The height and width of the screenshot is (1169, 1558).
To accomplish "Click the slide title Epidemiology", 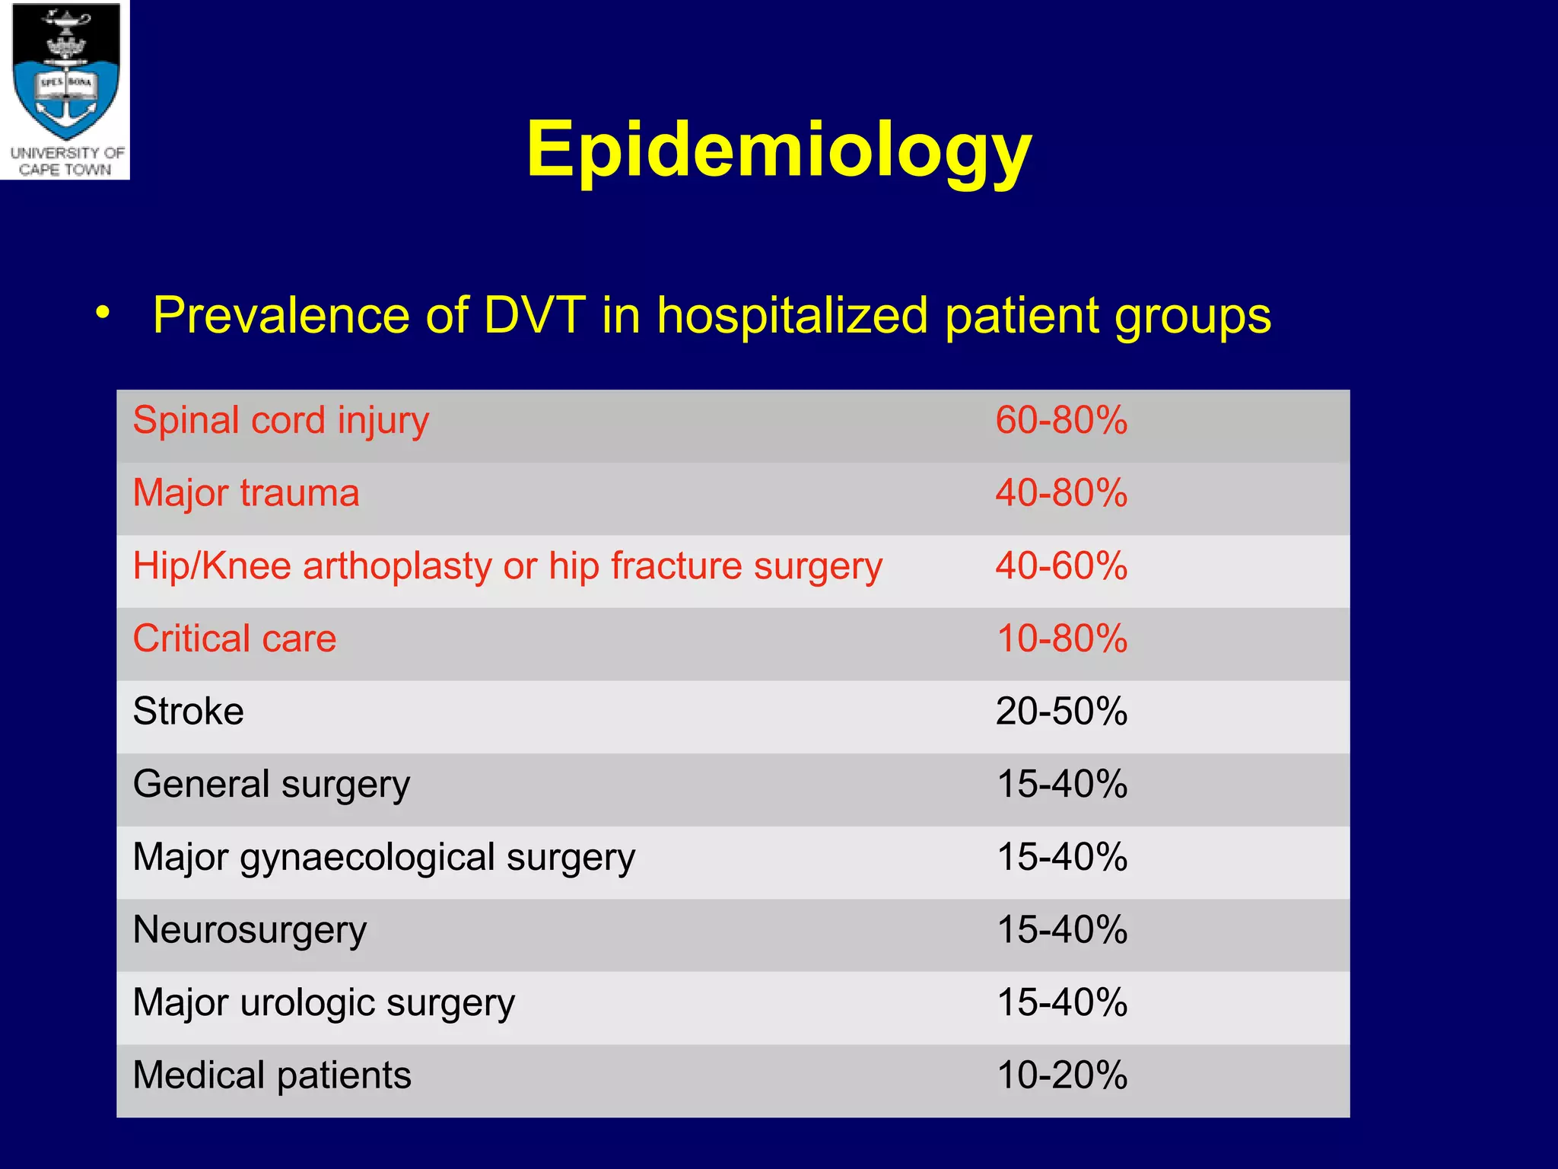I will pyautogui.click(x=778, y=150).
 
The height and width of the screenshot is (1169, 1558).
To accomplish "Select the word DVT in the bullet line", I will pyautogui.click(x=535, y=315).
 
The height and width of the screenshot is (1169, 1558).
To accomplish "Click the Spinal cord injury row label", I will pyautogui.click(x=281, y=421).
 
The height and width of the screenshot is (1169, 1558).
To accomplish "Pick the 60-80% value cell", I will pyautogui.click(x=1061, y=421).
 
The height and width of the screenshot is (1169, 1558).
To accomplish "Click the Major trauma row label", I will pyautogui.click(x=246, y=493).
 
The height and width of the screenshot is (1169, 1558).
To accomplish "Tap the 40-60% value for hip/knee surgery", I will pyautogui.click(x=1061, y=566).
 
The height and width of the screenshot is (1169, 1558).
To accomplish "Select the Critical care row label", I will pyautogui.click(x=234, y=639).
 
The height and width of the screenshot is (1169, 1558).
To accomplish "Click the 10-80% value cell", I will pyautogui.click(x=1061, y=639).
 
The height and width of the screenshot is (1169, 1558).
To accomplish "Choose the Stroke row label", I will pyautogui.click(x=188, y=712).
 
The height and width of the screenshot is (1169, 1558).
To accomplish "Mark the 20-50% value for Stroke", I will pyautogui.click(x=1061, y=712).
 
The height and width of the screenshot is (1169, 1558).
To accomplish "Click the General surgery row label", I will pyautogui.click(x=271, y=785).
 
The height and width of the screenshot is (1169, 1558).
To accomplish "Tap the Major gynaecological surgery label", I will pyautogui.click(x=383, y=858).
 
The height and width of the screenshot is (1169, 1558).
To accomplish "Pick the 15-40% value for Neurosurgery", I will pyautogui.click(x=1061, y=930).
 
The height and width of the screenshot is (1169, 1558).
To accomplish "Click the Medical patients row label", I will pyautogui.click(x=272, y=1075).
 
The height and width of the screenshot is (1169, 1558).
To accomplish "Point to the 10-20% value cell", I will pyautogui.click(x=1061, y=1075).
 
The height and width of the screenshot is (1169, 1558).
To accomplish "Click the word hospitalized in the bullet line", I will pyautogui.click(x=792, y=315).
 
